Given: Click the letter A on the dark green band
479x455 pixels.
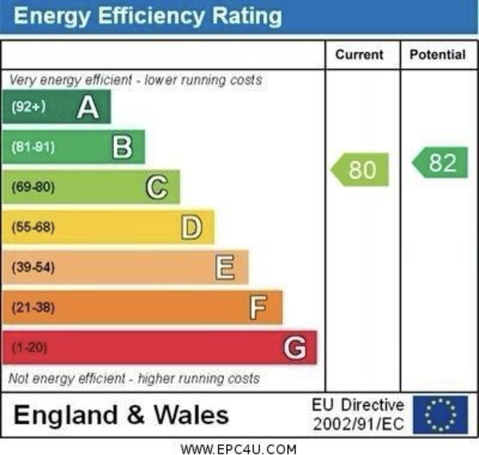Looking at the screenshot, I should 88,107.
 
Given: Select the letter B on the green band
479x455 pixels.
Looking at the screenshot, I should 122,147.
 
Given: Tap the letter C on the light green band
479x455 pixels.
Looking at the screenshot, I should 157,187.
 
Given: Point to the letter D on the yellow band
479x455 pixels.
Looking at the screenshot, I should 192,227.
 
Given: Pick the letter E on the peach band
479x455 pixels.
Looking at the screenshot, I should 225,267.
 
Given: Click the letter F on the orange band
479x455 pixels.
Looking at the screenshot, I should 258,307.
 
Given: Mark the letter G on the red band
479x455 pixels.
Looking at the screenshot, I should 295,347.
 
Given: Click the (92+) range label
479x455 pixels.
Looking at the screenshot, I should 29,107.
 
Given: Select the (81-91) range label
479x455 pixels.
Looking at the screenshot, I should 33,147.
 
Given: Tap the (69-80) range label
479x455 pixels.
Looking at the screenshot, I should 33,187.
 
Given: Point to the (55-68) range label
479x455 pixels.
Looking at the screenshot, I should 33,227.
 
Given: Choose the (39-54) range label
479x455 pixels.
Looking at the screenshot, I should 33,268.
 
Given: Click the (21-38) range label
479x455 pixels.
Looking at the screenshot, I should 33,307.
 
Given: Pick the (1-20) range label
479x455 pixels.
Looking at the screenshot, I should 29,348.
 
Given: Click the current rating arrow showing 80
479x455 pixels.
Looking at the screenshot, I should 360,169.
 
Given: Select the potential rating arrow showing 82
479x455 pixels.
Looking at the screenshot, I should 441,162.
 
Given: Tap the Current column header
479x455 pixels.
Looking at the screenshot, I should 359,55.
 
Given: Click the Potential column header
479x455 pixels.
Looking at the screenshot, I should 438,55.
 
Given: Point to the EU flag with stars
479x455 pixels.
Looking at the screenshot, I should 441,414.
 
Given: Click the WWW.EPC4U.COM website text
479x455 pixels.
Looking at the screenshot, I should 239,449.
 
